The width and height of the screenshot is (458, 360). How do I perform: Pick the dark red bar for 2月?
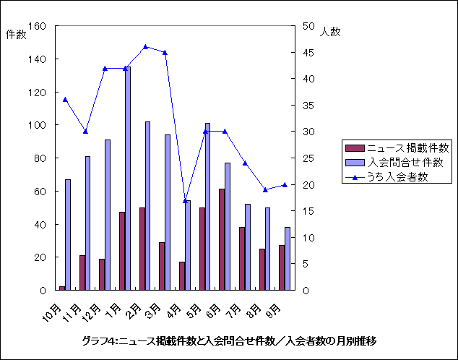tap(142, 249)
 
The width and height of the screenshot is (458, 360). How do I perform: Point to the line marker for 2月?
tap(145, 47)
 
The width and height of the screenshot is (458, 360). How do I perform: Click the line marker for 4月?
tap(186, 200)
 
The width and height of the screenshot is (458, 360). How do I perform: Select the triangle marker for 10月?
tap(65, 100)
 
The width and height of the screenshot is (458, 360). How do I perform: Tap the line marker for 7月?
tap(246, 163)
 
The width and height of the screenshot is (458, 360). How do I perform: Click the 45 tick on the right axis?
tap(308, 53)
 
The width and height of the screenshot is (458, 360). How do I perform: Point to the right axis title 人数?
tap(330, 32)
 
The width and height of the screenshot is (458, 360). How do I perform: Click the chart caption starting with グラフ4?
tap(229, 340)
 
